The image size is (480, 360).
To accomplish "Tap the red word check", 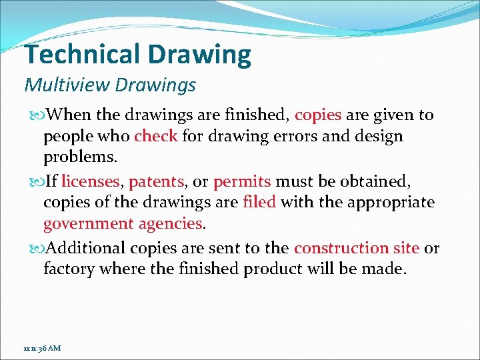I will click(155, 137).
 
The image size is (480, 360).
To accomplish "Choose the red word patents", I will click(156, 181).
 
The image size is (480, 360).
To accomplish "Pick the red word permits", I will click(242, 181).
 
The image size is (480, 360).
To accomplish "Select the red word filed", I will click(259, 202).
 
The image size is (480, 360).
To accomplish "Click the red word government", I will click(89, 223).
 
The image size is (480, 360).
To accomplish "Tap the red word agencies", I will click(170, 223).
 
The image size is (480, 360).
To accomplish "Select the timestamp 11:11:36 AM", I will click(42, 349).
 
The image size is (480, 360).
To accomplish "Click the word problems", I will click(80, 158).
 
